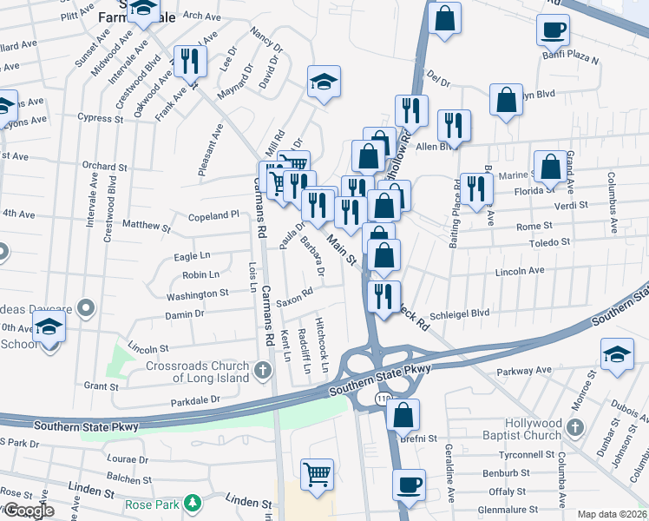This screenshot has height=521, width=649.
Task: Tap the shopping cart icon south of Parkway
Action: coord(317,474)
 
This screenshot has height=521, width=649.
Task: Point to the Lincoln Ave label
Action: coord(519,271)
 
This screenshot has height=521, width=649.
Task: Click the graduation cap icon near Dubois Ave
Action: coord(616,354)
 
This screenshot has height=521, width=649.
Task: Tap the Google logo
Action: coord(28,511)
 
